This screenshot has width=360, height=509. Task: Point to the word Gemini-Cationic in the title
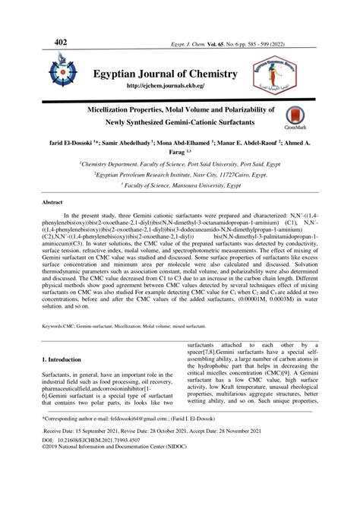(x=201, y=122)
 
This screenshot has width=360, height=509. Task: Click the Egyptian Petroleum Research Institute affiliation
(x=180, y=173)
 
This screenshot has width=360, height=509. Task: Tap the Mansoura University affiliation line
(x=180, y=184)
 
